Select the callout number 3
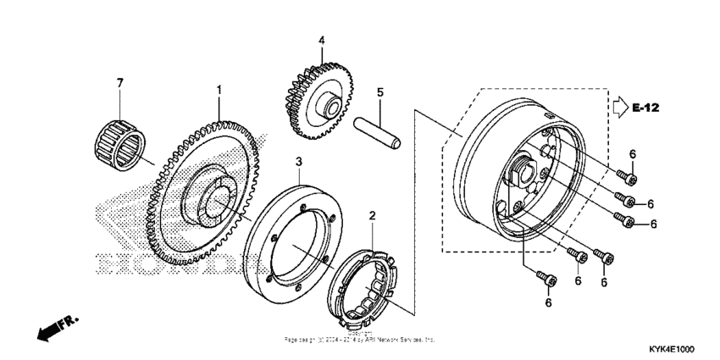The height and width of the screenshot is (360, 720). pyautogui.click(x=299, y=162)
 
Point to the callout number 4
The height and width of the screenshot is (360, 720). pyautogui.click(x=322, y=40)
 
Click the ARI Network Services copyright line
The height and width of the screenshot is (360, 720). pyautogui.click(x=360, y=339)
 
